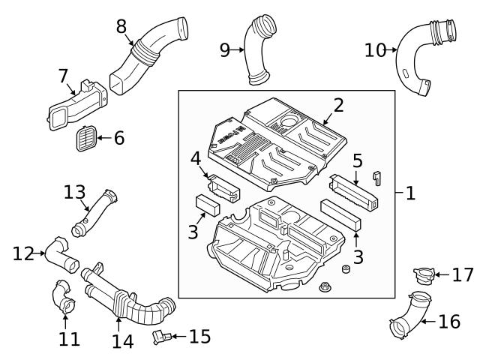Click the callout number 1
click(410, 193)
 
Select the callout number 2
click(338, 104)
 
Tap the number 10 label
click(374, 50)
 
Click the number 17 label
click(462, 275)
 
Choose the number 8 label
click(121, 26)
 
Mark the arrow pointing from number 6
click(103, 138)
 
